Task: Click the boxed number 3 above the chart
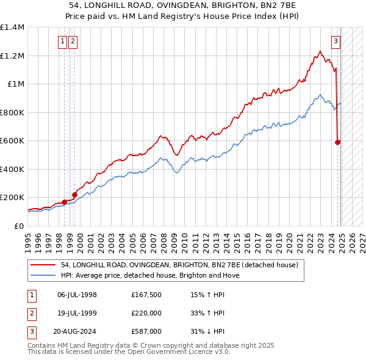pos(335,41)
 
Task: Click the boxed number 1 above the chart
pos(63,41)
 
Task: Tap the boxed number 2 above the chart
pos(73,41)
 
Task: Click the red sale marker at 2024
pos(338,142)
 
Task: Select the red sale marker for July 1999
pos(74,195)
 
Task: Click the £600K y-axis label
pos(13,140)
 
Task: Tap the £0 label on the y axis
pos(18,226)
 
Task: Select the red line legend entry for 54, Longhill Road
pos(179,265)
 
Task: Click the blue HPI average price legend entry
pos(150,275)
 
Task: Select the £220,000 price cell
pos(146,313)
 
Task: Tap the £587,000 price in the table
pos(146,331)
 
